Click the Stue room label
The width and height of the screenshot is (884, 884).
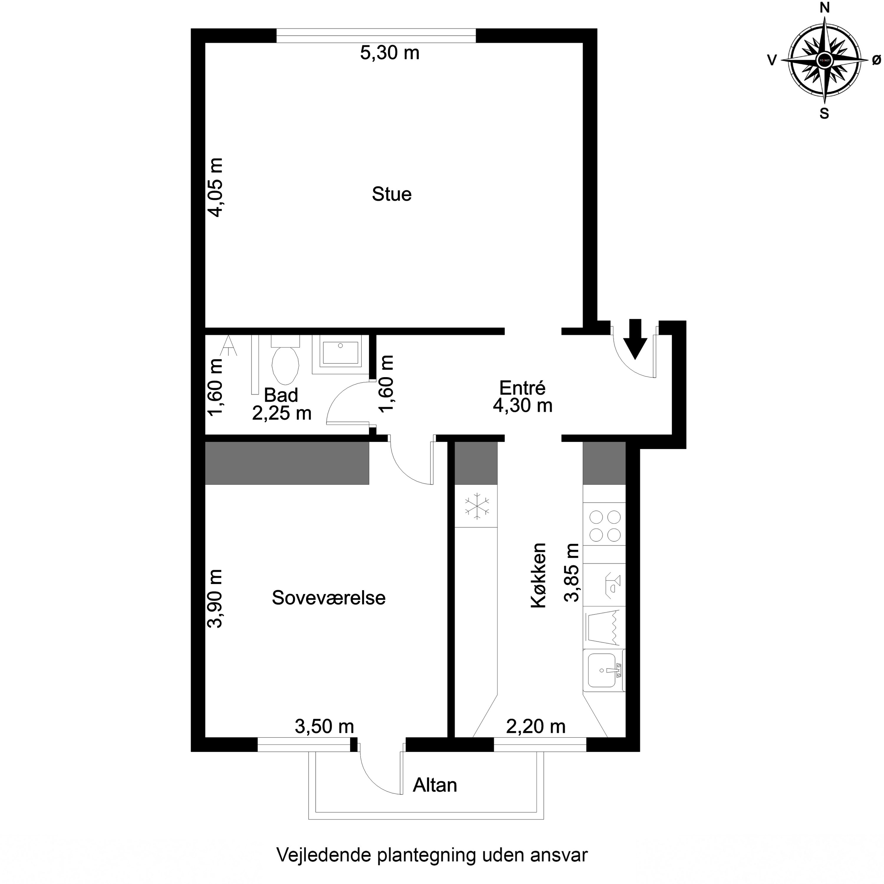pos(392,194)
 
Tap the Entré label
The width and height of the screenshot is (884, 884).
pos(522,388)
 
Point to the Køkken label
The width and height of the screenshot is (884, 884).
pos(539,575)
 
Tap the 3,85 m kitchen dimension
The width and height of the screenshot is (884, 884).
pos(572,573)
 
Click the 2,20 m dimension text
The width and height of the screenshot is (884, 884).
pos(536,726)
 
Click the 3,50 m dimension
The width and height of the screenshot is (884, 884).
pos(324,726)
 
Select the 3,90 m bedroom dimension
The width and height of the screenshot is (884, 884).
pos(215,598)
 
